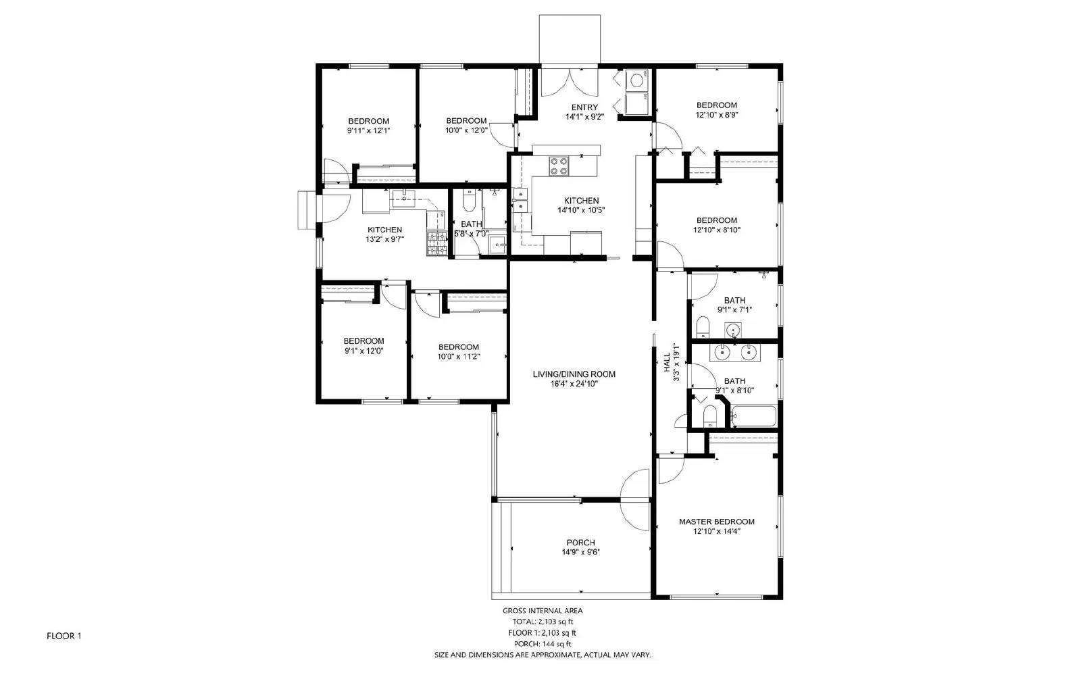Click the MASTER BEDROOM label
716,522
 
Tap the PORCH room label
580,543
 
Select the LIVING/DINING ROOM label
574,374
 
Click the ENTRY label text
584,107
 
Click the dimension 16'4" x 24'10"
574,384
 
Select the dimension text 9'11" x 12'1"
368,130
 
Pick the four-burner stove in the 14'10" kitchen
559,166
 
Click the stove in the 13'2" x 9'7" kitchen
436,244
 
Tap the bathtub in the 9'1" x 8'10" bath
754,416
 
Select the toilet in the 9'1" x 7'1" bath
702,329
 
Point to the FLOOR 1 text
64,636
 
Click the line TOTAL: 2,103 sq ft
543,622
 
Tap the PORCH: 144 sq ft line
543,644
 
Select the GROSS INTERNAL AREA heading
543,610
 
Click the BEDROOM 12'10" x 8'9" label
716,109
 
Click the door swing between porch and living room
634,489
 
